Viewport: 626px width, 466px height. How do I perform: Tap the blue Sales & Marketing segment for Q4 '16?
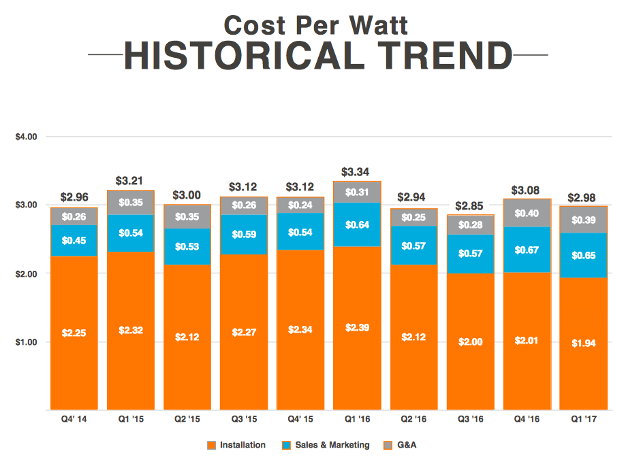point(527,249)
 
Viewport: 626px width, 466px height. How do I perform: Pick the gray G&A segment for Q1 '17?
point(583,219)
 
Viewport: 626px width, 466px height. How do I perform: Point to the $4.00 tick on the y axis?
point(26,137)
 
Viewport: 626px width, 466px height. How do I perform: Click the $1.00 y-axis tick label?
point(26,342)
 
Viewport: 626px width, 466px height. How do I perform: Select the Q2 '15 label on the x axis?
point(187,420)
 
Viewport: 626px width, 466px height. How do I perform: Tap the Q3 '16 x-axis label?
point(470,420)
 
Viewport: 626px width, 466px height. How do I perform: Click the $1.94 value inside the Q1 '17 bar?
point(583,344)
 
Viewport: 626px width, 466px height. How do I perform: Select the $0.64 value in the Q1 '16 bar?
point(357,224)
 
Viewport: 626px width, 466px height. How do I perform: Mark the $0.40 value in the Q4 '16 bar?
point(527,214)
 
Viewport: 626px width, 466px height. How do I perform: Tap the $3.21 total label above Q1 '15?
point(130,181)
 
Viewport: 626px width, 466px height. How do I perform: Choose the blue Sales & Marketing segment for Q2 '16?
point(413,245)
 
